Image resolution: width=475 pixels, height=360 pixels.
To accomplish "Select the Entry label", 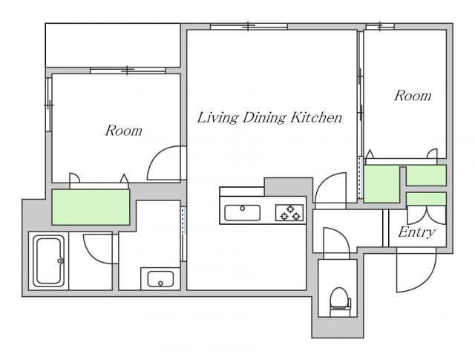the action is coord(417,232).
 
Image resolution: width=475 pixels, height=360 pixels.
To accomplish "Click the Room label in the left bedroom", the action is coord(124,131).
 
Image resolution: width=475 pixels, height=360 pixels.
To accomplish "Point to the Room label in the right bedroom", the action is coord(413,96).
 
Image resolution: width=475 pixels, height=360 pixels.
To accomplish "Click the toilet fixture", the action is coord(340,302).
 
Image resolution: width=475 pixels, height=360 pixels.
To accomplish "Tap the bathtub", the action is coord(48,261).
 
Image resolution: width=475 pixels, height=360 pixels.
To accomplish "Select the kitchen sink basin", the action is coord(242,213).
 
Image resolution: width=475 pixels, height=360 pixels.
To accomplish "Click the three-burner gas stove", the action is coord(289,212).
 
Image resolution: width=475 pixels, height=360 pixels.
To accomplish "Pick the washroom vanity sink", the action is coord(160,279).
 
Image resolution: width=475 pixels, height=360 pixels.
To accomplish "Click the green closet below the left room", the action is coord(91,207).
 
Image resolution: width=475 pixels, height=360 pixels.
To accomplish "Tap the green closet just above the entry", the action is coord(426,199).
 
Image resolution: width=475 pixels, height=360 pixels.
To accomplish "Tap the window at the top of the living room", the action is coord(249,27).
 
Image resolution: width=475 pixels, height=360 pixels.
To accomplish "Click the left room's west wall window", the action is coord(48,105).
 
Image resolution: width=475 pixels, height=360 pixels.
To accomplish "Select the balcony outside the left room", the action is coord(113,45).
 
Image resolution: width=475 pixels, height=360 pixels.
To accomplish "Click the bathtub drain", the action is coord(59,261).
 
